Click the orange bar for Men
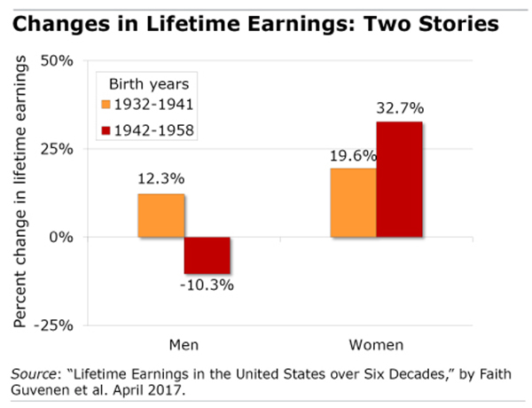pos(160,216)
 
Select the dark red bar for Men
pos(207,255)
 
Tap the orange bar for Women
pos(353,203)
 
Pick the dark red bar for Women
pos(399,179)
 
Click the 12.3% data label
pos(160,178)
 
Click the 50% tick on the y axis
pos(56,61)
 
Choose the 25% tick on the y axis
pos(56,149)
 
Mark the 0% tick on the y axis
pos(60,237)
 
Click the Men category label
pos(184,343)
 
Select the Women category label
pos(377,343)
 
